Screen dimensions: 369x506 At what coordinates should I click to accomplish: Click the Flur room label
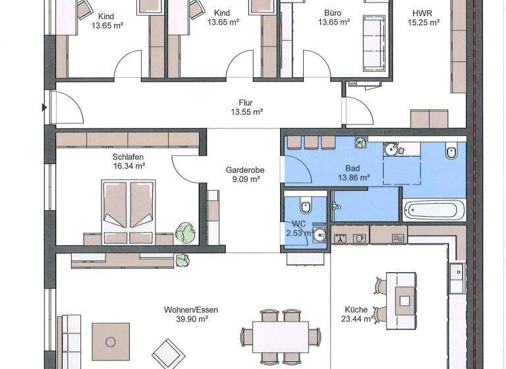point(246,103)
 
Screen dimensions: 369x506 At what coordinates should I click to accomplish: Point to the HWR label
point(422,13)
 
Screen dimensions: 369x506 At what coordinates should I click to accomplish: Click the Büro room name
point(333,13)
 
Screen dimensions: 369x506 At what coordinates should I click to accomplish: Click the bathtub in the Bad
point(434,210)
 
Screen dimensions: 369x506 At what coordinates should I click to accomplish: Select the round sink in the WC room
point(320,234)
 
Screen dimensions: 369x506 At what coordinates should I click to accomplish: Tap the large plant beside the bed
point(184,232)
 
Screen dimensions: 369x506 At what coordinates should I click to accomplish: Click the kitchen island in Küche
point(402,300)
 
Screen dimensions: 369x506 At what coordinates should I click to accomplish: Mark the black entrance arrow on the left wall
point(45,107)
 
